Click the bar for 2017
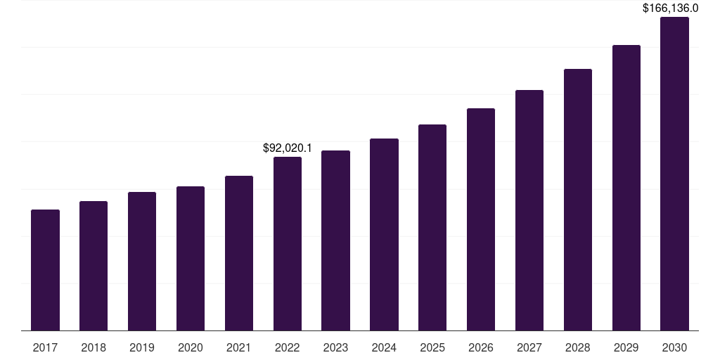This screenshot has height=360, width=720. coord(46,270)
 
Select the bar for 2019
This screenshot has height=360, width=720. coord(142,262)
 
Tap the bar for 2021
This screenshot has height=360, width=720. coord(239,253)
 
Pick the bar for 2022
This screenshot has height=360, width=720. coord(288,244)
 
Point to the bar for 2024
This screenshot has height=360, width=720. coord(385,235)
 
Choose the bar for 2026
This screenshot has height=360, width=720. coord(481,219)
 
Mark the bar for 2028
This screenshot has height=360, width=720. coord(578,200)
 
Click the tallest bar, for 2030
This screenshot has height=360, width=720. coord(674,174)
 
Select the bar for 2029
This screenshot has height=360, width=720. coord(626,188)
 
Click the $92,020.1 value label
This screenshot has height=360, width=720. coord(288,148)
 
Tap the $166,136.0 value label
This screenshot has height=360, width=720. coord(670,8)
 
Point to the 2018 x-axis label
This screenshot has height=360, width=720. coord(94,348)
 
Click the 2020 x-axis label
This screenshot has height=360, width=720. coord(191,348)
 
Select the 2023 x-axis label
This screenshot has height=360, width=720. coord(335,348)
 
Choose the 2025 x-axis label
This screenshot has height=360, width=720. coord(432,348)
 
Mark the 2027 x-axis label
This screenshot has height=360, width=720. coord(529,348)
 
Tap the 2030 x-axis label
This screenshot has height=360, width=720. coord(674,348)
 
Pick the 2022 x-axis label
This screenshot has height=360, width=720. coord(288,348)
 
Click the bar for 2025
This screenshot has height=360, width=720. coord(432,228)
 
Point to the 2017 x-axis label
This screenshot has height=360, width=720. coord(46,348)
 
